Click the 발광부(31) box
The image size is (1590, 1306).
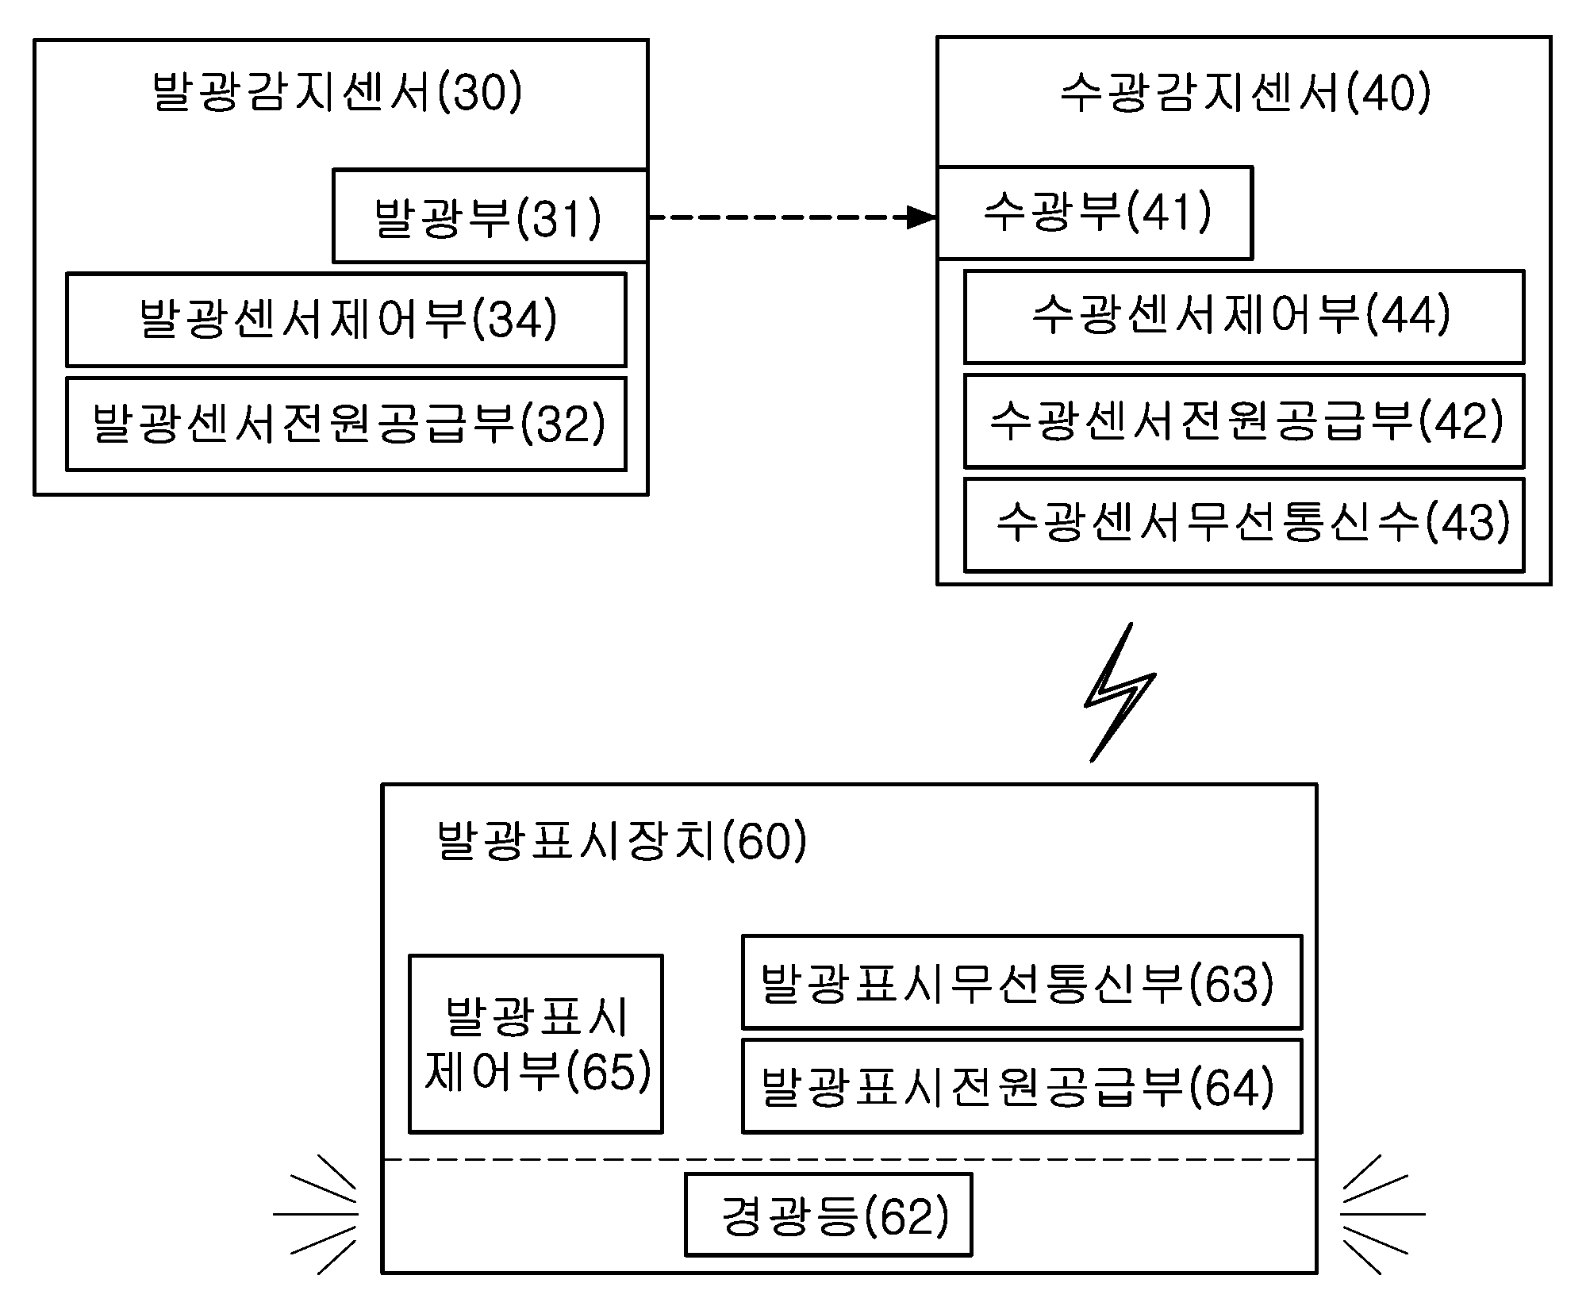[490, 215]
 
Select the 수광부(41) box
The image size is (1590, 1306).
[1095, 213]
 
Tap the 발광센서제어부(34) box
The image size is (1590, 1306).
[346, 320]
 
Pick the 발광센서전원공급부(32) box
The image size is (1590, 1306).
[346, 424]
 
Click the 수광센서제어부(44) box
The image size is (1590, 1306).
[1244, 317]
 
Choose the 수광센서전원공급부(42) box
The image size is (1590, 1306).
[1244, 421]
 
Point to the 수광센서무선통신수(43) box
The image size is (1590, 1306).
[1244, 524]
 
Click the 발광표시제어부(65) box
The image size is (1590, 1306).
[536, 1043]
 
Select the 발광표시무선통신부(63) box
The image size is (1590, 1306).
[1022, 981]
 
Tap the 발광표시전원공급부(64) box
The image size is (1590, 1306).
[1022, 1085]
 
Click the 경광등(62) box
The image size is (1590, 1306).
[828, 1215]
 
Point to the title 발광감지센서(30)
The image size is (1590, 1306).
[337, 93]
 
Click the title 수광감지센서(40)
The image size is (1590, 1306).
[1246, 93]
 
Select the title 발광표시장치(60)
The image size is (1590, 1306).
[621, 841]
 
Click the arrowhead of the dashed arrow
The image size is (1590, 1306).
[922, 217]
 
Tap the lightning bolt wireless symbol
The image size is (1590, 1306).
[1120, 692]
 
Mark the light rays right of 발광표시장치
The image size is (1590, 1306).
[1383, 1214]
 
